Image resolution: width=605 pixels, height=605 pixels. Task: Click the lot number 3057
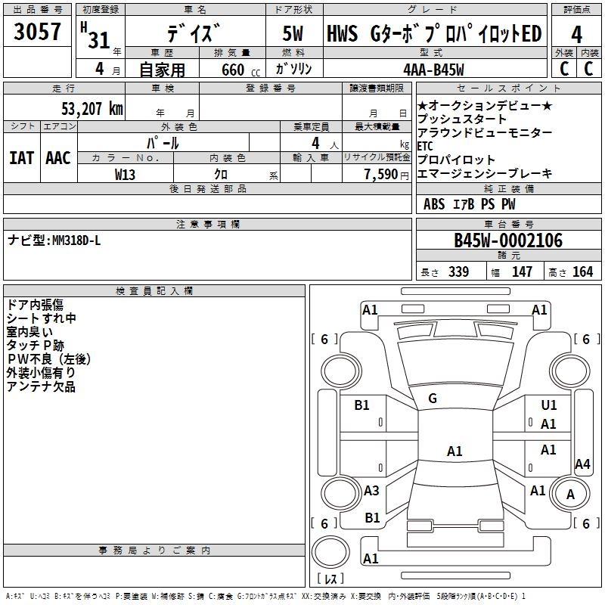click(x=38, y=33)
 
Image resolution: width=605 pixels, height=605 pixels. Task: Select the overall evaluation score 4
click(x=577, y=35)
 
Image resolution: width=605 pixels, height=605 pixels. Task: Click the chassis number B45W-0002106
click(x=508, y=240)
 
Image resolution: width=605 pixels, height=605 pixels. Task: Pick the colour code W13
click(x=126, y=173)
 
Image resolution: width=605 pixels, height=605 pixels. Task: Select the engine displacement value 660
click(x=233, y=70)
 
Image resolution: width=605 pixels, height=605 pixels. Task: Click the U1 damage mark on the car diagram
click(x=549, y=405)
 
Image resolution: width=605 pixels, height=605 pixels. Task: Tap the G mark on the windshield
click(x=433, y=399)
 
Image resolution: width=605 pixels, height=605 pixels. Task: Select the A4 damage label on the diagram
click(x=582, y=464)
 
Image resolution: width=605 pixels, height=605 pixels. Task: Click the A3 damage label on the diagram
click(x=371, y=491)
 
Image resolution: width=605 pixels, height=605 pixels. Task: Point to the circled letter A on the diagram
click(x=570, y=494)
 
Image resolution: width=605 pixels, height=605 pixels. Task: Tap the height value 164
click(x=582, y=272)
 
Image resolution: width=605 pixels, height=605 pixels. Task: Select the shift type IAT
click(x=21, y=158)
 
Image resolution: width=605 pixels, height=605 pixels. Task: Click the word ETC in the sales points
click(x=425, y=146)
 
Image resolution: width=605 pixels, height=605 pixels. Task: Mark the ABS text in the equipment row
click(x=434, y=204)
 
